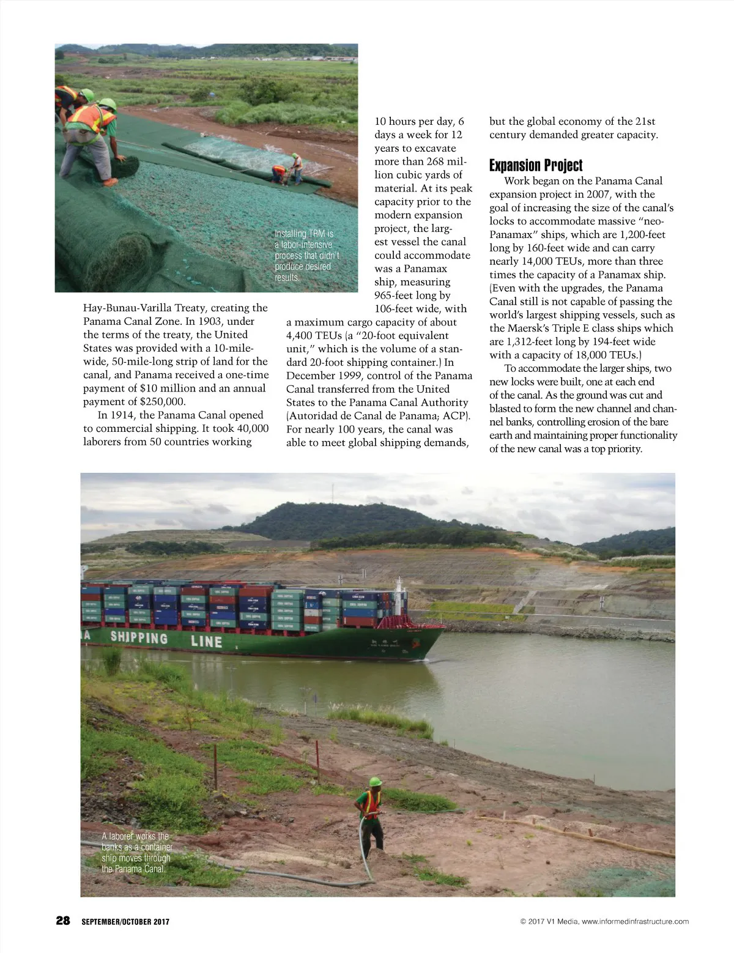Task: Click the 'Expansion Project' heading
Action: pyautogui.click(x=536, y=166)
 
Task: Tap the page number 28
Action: pyautogui.click(x=63, y=921)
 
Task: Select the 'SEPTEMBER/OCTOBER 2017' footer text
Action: pyautogui.click(x=125, y=922)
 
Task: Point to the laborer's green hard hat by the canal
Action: pyautogui.click(x=375, y=782)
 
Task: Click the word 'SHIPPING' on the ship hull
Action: pyautogui.click(x=139, y=638)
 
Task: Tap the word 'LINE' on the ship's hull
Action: pyautogui.click(x=206, y=642)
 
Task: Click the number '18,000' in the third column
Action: pyautogui.click(x=573, y=355)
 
